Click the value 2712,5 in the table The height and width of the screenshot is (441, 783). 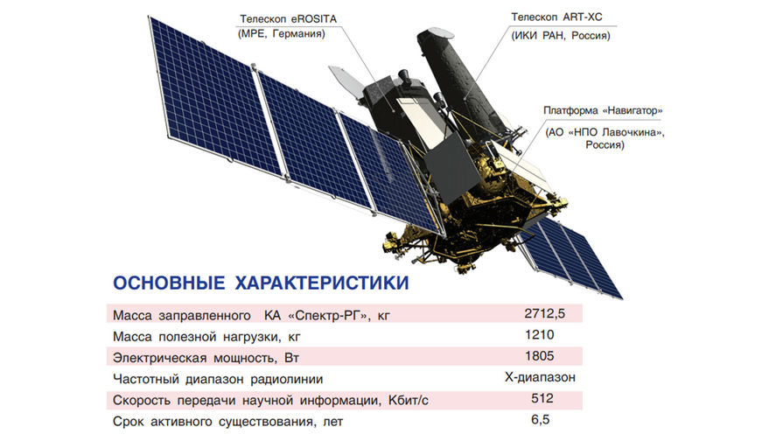coord(544,313)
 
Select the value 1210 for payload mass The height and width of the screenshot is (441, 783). coord(539,334)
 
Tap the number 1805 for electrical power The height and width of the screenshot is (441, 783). coord(539,356)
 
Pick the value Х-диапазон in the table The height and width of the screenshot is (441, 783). coord(540,377)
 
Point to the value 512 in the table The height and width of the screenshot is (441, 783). coord(542,398)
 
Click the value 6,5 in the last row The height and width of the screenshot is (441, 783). coord(541,419)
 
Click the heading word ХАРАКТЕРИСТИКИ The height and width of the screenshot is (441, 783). coord(322,283)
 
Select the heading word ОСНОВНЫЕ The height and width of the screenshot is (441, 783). coord(169,283)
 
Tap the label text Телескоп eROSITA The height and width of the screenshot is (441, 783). coord(288,19)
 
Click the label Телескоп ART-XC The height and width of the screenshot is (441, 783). coord(556,17)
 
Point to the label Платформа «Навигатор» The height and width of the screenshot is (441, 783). coord(603,110)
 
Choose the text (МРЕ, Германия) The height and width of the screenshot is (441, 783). coord(282,34)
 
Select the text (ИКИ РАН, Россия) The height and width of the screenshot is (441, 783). coord(560,36)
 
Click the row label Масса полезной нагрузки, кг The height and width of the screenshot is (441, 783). coord(206,337)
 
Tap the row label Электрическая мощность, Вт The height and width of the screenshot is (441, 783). coord(206,358)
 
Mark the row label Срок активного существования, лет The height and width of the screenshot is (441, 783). coord(227,422)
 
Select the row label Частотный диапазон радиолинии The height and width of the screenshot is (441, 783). coord(218,380)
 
